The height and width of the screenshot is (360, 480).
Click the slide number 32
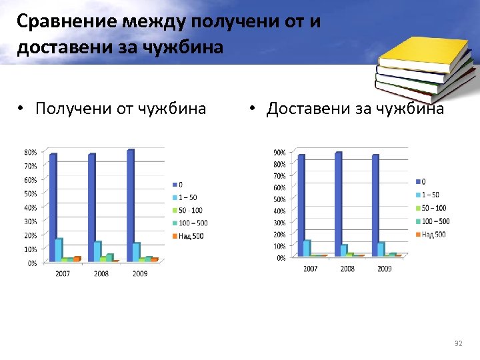[x=457, y=343]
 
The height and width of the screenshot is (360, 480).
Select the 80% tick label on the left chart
[x=31, y=152]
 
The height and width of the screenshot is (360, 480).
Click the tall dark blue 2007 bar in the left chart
[x=53, y=207]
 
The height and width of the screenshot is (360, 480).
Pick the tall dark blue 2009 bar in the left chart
[x=130, y=205]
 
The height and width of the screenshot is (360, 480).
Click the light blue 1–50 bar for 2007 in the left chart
[x=59, y=249]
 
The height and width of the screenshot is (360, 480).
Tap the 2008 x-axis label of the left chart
[x=101, y=273]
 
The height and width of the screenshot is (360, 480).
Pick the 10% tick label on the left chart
[x=31, y=249]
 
